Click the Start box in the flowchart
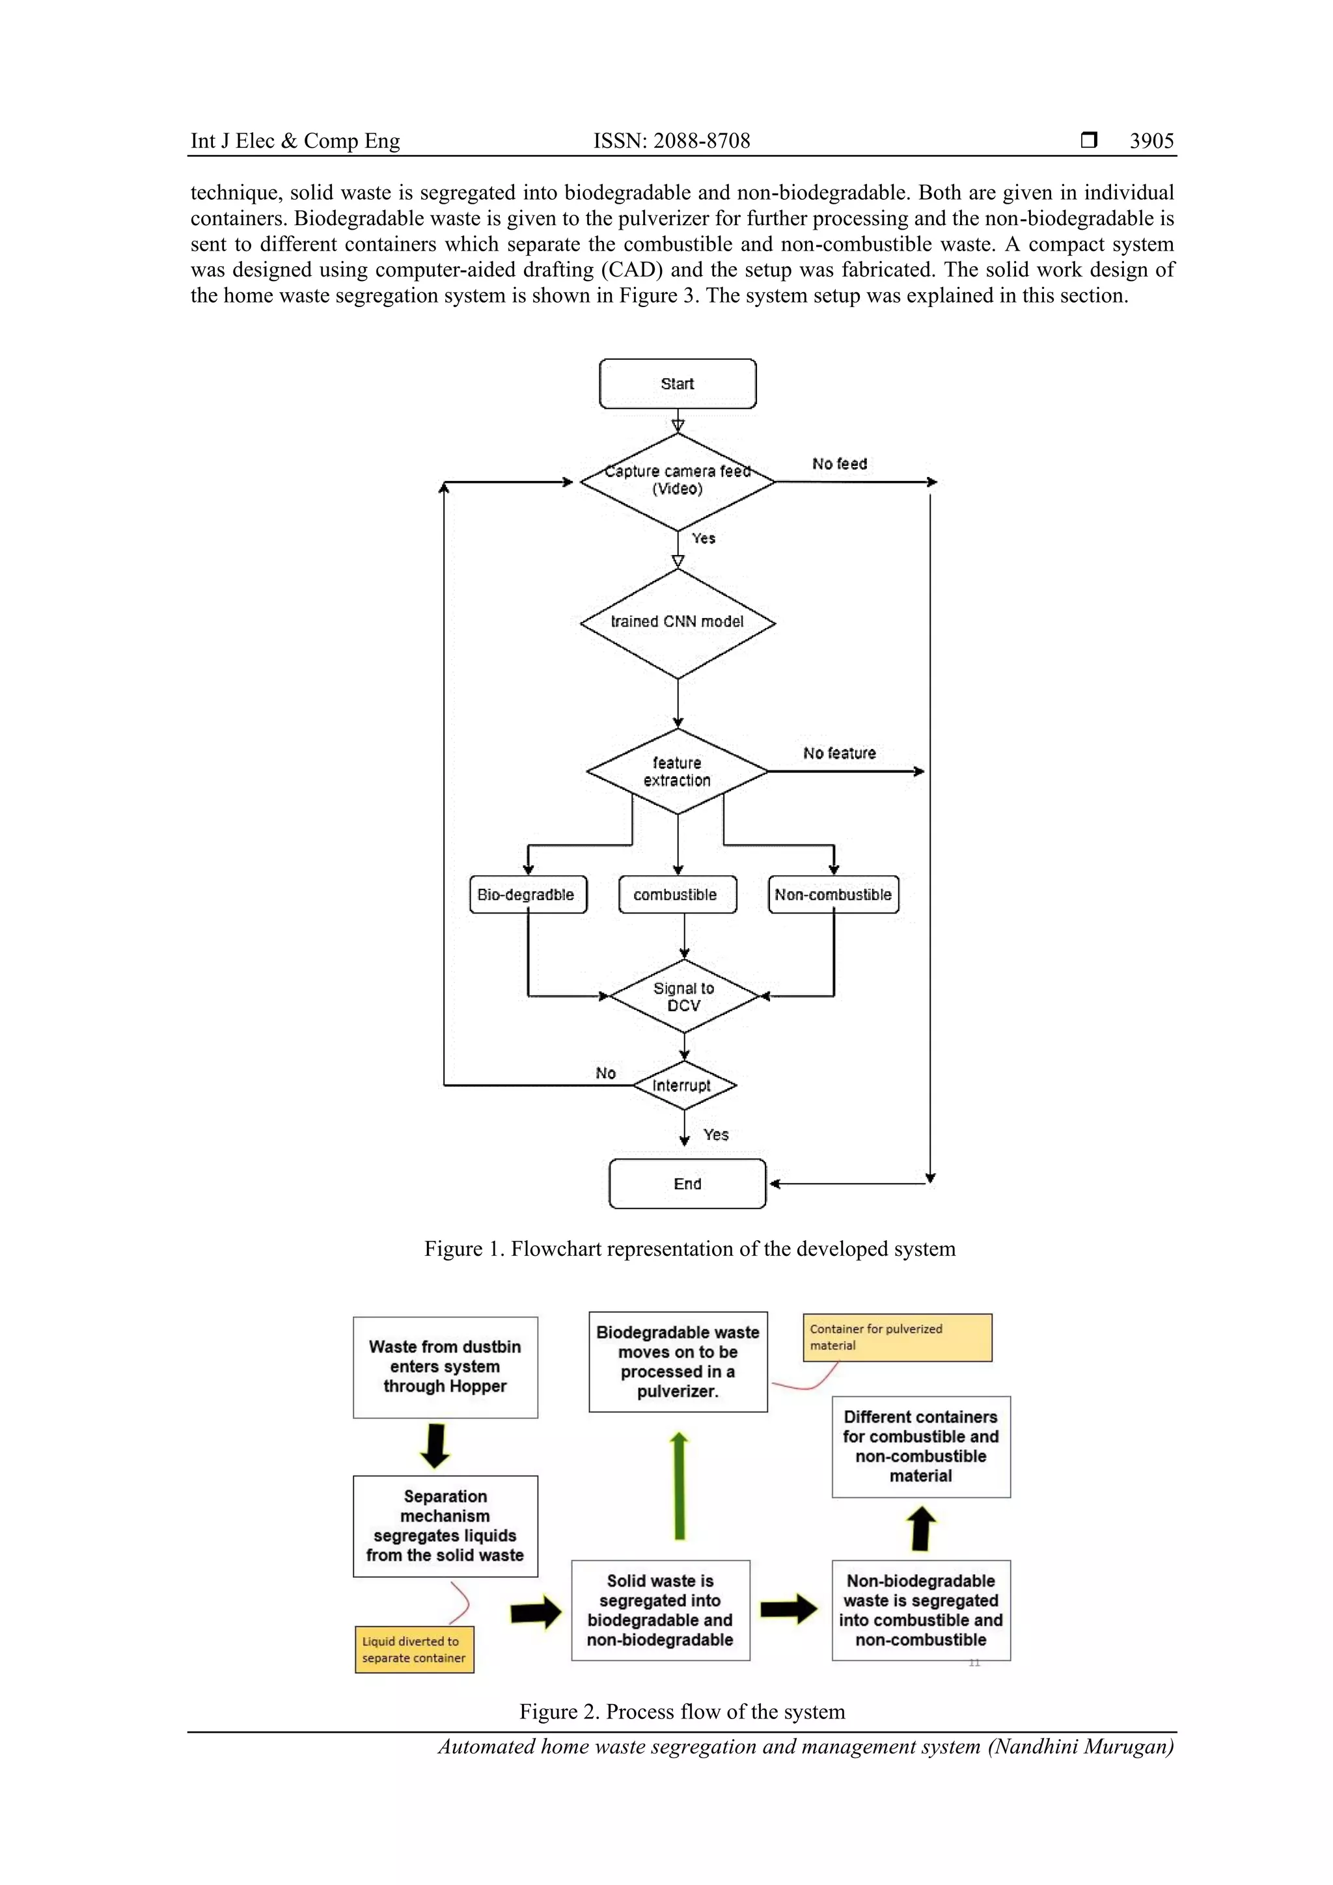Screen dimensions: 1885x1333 click(x=678, y=383)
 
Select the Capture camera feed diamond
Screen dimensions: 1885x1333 click(x=678, y=481)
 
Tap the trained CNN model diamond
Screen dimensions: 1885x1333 click(x=678, y=622)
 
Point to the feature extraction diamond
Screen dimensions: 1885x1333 click(x=678, y=772)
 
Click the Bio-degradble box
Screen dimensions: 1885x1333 click(x=527, y=895)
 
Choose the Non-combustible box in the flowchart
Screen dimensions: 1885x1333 click(x=834, y=895)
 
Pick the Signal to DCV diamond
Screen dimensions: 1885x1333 click(x=684, y=997)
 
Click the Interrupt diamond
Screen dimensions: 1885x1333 click(x=684, y=1085)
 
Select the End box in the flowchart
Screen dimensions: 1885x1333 click(x=687, y=1184)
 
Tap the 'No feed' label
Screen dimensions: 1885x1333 click(x=840, y=464)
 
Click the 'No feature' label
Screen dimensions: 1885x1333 click(x=840, y=753)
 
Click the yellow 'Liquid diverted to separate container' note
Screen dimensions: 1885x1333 click(x=415, y=1649)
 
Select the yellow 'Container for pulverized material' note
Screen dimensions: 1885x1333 click(x=897, y=1337)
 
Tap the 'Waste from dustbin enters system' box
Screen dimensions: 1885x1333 click(x=445, y=1367)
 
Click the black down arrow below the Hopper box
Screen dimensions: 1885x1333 click(x=435, y=1445)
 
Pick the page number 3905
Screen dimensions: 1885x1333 click(x=1151, y=141)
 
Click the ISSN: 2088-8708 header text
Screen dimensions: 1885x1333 click(x=672, y=141)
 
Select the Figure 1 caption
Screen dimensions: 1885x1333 click(x=690, y=1249)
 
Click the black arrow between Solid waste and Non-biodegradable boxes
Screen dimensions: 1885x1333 click(x=788, y=1609)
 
